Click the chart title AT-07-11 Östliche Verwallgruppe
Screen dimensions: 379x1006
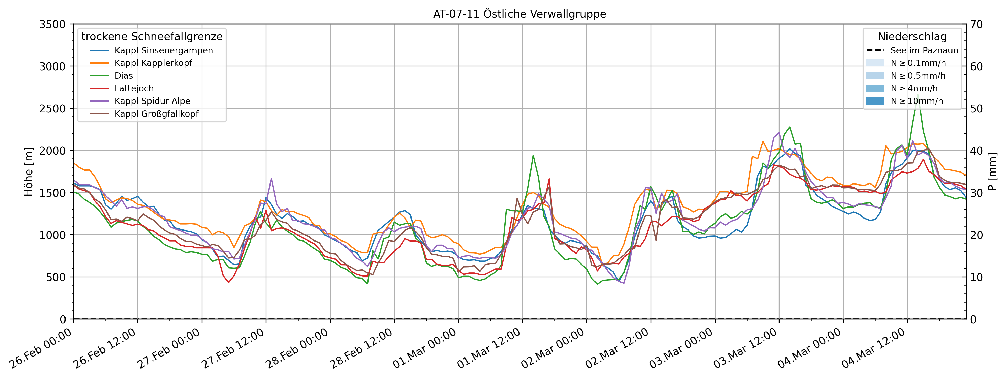(x=520, y=14)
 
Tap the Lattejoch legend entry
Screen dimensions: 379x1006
(x=134, y=88)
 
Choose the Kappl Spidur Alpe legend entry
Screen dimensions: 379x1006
(x=152, y=101)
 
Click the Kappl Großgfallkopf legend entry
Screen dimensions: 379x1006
(x=156, y=114)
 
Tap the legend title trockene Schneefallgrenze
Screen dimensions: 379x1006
(x=152, y=37)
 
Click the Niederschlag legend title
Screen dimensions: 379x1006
(x=912, y=37)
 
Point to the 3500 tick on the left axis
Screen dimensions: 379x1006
(x=52, y=24)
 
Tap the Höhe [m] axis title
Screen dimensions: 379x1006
(x=28, y=171)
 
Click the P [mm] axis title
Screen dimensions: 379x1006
(x=992, y=171)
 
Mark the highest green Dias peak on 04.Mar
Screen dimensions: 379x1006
(x=918, y=94)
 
